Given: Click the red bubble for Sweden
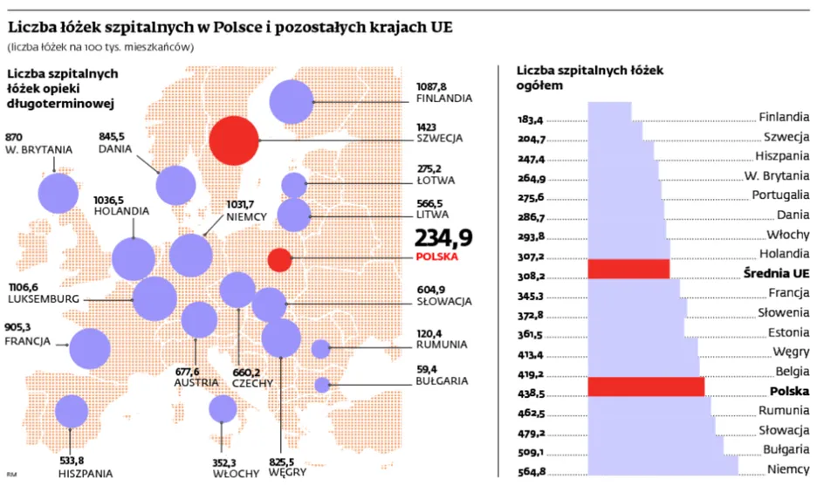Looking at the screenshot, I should (235, 140).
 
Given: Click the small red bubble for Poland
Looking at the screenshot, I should (279, 259).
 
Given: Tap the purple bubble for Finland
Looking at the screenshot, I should (292, 101).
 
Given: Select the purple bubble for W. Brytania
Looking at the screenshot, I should (59, 193).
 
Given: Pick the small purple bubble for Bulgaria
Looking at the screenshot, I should (322, 384).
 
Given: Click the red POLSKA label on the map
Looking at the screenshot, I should (437, 258).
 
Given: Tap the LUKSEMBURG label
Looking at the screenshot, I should (44, 298).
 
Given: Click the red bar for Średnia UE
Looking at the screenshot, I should (628, 269).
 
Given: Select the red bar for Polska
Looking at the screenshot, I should (645, 386).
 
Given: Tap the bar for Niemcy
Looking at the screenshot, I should (663, 466).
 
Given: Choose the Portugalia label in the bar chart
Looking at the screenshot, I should (780, 195).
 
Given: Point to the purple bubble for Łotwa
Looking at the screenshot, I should (294, 185).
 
